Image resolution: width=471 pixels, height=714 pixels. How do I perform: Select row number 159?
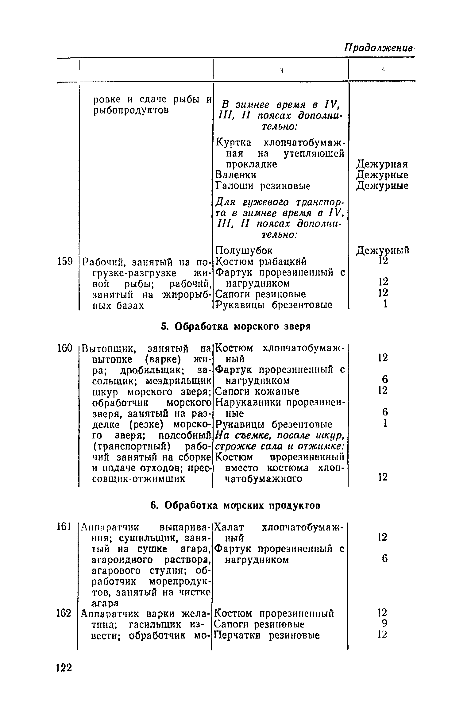point(64,262)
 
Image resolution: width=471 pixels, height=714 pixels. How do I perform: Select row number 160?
point(64,348)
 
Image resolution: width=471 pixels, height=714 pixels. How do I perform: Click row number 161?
point(64,527)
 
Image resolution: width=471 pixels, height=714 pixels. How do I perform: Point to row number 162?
point(64,613)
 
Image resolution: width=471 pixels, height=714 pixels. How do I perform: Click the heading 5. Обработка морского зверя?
point(236,326)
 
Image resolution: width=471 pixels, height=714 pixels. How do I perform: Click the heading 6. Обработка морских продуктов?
point(236,505)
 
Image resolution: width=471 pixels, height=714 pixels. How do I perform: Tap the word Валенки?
point(236,175)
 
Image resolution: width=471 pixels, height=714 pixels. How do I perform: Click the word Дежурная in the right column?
point(382,164)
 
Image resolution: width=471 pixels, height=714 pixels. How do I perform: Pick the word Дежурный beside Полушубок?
point(383,251)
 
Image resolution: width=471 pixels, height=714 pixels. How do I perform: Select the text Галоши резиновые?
point(263,186)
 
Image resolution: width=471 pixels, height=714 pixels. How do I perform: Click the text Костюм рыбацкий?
point(261,261)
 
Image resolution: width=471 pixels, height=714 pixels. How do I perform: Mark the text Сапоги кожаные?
point(257,392)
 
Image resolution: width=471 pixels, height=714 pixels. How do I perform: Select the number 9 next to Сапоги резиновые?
point(384,623)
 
